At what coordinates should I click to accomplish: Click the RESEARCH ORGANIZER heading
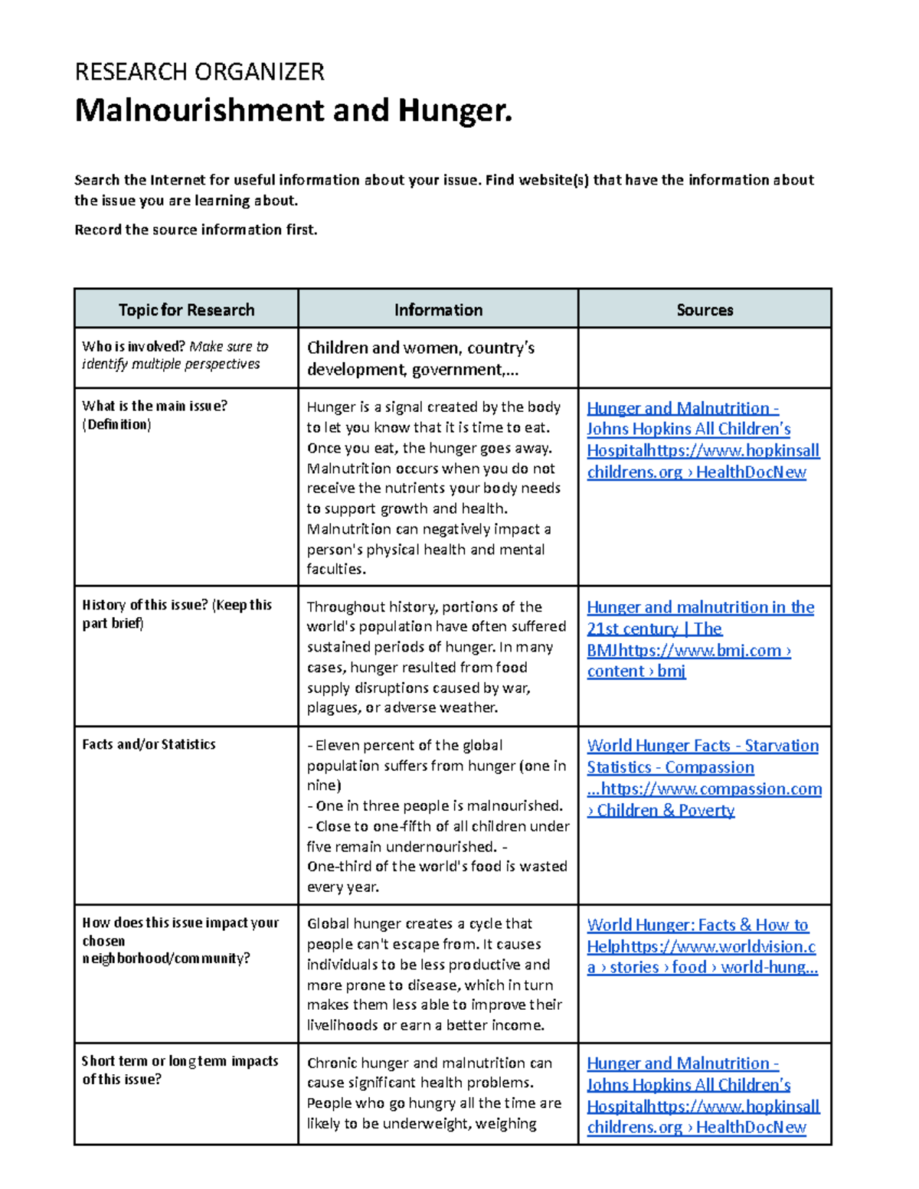pos(199,72)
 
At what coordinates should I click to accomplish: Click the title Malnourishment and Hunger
pos(293,111)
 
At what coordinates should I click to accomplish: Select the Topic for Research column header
pos(186,310)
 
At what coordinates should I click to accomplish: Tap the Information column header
pos(438,310)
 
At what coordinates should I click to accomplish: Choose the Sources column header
pos(705,310)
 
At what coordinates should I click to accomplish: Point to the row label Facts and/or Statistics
pos(149,744)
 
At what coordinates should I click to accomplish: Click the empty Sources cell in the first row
pos(705,358)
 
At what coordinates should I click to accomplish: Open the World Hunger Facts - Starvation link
pos(702,746)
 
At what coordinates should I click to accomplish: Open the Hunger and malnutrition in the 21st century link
pos(700,607)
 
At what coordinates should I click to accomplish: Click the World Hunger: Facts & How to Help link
pos(697,925)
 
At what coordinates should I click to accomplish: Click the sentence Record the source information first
pos(195,230)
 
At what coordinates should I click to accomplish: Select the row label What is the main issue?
pos(155,407)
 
